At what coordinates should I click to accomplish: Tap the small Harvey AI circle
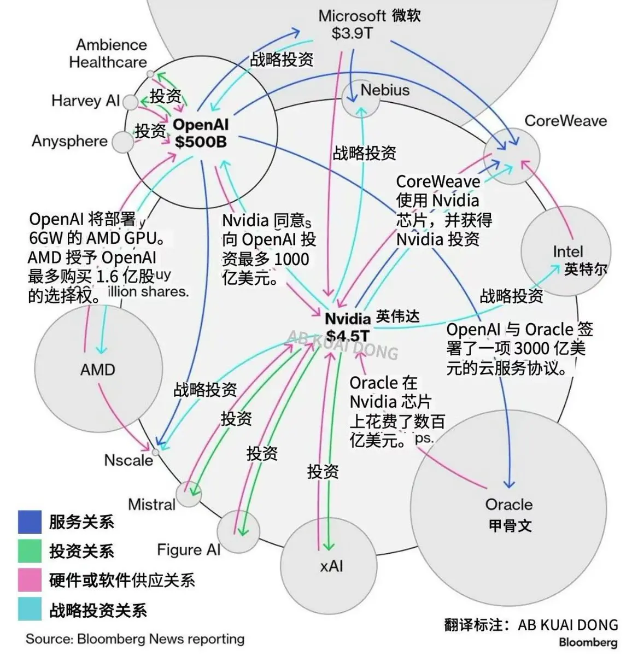pos(130,102)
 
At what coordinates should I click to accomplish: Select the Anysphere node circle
pos(122,142)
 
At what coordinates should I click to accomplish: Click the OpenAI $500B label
pos(201,133)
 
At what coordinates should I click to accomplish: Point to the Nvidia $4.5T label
pos(348,327)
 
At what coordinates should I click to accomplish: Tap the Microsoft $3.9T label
pos(353,25)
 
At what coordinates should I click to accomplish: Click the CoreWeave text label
pos(565,121)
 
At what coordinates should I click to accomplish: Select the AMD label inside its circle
pos(97,370)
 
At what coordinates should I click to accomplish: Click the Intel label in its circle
pos(568,252)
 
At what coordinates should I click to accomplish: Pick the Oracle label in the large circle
pos(508,505)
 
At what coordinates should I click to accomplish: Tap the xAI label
pos(331,566)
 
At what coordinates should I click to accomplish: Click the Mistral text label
pos(151,504)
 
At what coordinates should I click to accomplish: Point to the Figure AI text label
pos(188,550)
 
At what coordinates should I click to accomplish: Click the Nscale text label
pos(128,460)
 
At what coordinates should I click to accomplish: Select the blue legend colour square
pos(30,522)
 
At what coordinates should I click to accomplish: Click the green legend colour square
pos(30,551)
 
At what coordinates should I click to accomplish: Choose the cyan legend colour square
pos(30,610)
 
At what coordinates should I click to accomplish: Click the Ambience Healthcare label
pos(108,53)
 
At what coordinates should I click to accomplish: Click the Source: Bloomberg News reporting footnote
pos(135,639)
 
